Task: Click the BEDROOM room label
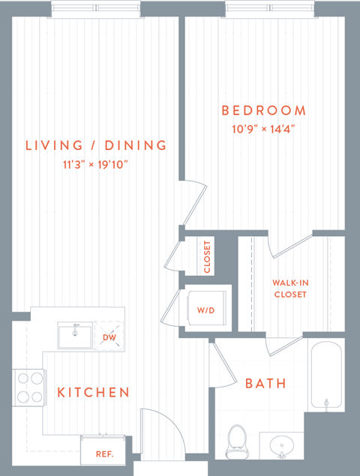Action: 264,111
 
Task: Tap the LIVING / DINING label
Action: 96,145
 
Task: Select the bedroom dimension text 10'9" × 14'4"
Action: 264,128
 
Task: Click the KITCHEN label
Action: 94,392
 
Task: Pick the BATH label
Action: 265,384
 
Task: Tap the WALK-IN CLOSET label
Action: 289,289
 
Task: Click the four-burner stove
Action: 28,388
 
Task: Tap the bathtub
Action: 326,376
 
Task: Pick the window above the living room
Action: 97,9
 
